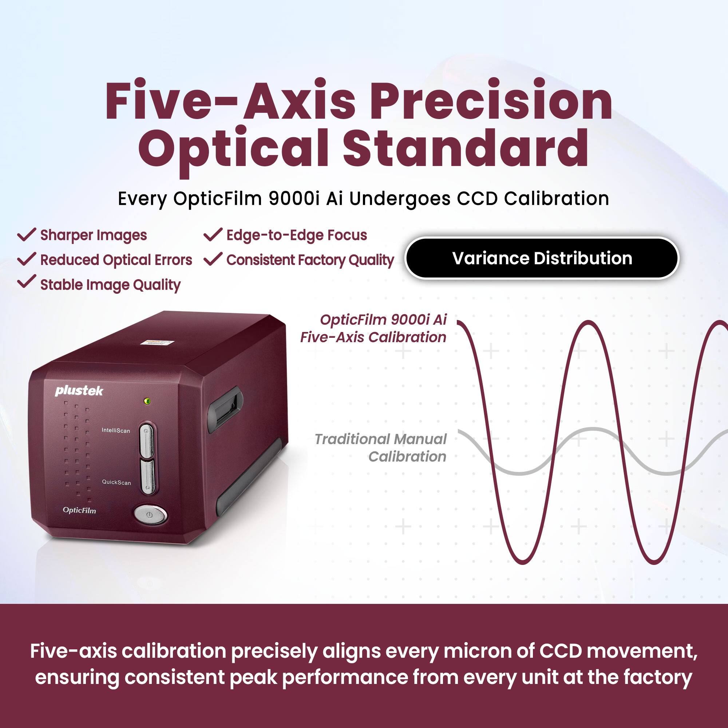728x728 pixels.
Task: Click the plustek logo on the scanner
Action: coord(79,391)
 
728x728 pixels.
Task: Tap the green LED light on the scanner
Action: coord(148,401)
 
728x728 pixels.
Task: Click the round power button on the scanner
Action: coord(150,514)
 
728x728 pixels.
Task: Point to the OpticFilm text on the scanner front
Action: coord(79,510)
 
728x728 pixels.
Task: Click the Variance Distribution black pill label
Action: coord(542,258)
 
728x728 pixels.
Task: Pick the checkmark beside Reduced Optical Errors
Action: coord(27,259)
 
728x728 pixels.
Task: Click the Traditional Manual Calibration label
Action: coord(381,448)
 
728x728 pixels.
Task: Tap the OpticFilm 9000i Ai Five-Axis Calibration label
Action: coord(373,328)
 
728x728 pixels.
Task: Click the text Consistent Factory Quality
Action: coord(310,260)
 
